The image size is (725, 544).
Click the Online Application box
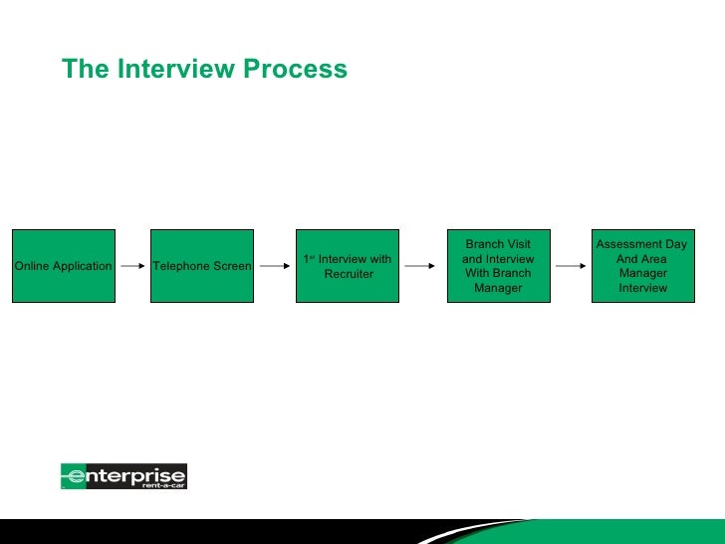(x=63, y=266)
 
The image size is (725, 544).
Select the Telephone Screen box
(x=202, y=266)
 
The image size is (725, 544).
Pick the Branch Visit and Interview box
(x=498, y=266)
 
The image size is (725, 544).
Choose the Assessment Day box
(x=642, y=266)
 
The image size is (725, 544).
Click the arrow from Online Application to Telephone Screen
(x=132, y=267)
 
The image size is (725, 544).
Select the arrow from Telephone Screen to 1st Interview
(x=275, y=267)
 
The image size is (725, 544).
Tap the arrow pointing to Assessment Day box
(x=570, y=267)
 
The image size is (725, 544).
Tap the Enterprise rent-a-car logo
(x=123, y=476)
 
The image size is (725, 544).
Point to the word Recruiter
(x=349, y=274)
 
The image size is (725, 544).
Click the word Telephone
(x=180, y=266)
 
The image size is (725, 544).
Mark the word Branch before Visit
(x=484, y=244)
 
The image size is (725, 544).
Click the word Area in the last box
(x=654, y=259)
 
